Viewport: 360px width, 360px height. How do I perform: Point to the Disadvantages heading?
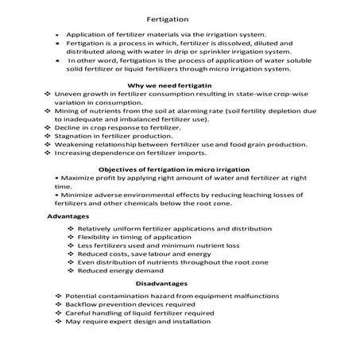[x=161, y=284]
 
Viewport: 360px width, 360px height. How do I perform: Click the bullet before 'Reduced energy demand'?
[x=71, y=271]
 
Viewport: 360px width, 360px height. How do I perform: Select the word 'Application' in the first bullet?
[x=87, y=35]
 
